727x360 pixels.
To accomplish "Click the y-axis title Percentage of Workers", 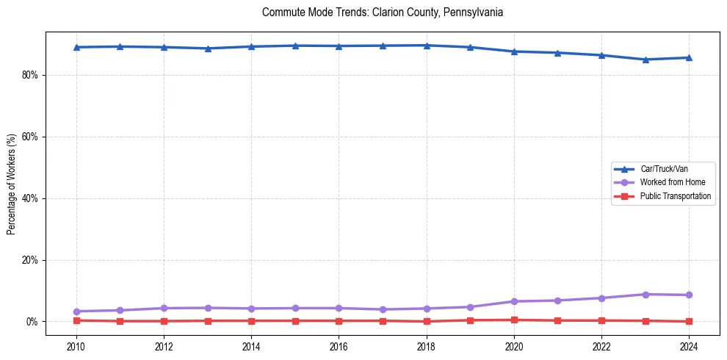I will [11, 184].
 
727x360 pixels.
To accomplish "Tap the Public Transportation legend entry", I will [675, 196].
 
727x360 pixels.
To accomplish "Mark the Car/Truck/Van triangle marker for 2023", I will [645, 60].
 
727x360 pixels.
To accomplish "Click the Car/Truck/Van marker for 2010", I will [76, 47].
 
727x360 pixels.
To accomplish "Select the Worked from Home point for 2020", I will [514, 301].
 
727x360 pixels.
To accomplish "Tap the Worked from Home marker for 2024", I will [689, 295].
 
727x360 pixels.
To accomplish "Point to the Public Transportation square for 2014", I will [251, 321].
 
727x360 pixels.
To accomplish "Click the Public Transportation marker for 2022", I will [601, 320].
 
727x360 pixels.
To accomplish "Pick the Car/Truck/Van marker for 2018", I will [427, 46].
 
